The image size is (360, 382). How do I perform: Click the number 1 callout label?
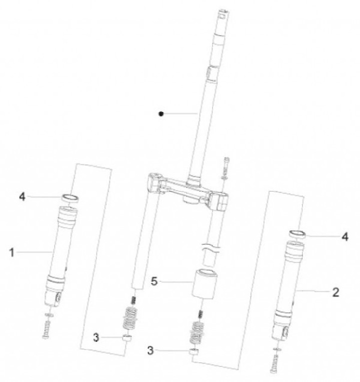point(11,252)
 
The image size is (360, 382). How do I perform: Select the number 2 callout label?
point(335,292)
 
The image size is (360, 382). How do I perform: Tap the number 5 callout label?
point(154,281)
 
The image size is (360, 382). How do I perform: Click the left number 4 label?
point(22,196)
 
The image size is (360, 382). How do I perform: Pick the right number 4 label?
point(345,236)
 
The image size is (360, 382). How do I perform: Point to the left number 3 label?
point(96,337)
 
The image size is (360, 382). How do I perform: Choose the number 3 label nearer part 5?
point(150,350)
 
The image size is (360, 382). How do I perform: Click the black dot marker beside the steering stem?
point(161,114)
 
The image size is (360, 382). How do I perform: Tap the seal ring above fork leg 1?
point(70,198)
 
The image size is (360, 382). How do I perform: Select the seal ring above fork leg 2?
point(297,234)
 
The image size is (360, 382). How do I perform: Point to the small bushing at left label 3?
point(126,338)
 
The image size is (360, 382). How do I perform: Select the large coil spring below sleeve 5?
point(196,332)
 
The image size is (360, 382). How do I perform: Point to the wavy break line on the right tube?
point(210,247)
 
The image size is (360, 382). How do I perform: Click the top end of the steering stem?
point(223,11)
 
